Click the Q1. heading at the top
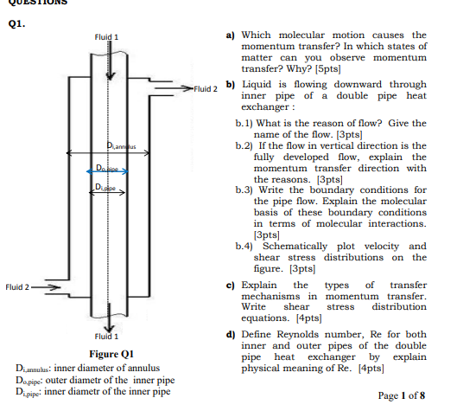[16, 24]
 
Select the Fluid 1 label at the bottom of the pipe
[106, 335]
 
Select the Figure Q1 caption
[111, 353]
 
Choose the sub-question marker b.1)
[248, 124]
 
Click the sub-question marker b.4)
[248, 246]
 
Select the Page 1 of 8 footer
[402, 395]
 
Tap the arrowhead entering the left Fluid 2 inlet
[58, 286]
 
